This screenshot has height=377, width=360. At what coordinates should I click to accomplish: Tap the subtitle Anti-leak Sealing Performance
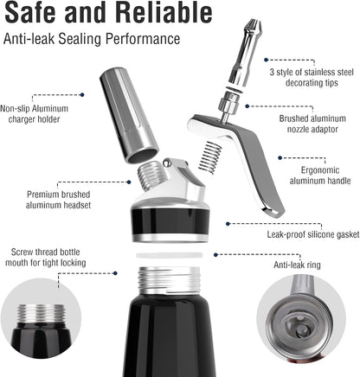click(91, 39)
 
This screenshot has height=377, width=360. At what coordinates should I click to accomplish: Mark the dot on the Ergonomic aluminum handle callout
click(280, 158)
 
